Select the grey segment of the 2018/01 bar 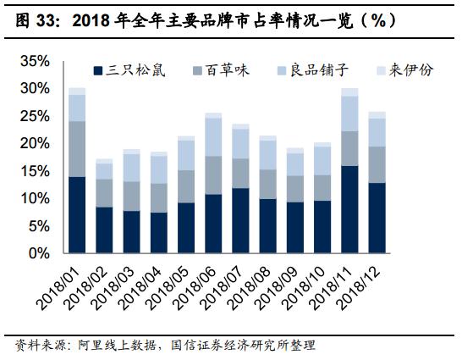[77, 149]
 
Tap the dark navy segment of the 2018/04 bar [159, 233]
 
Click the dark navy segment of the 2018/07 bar [240, 220]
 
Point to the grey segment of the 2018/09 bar [294, 189]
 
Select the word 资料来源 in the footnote [32, 346]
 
